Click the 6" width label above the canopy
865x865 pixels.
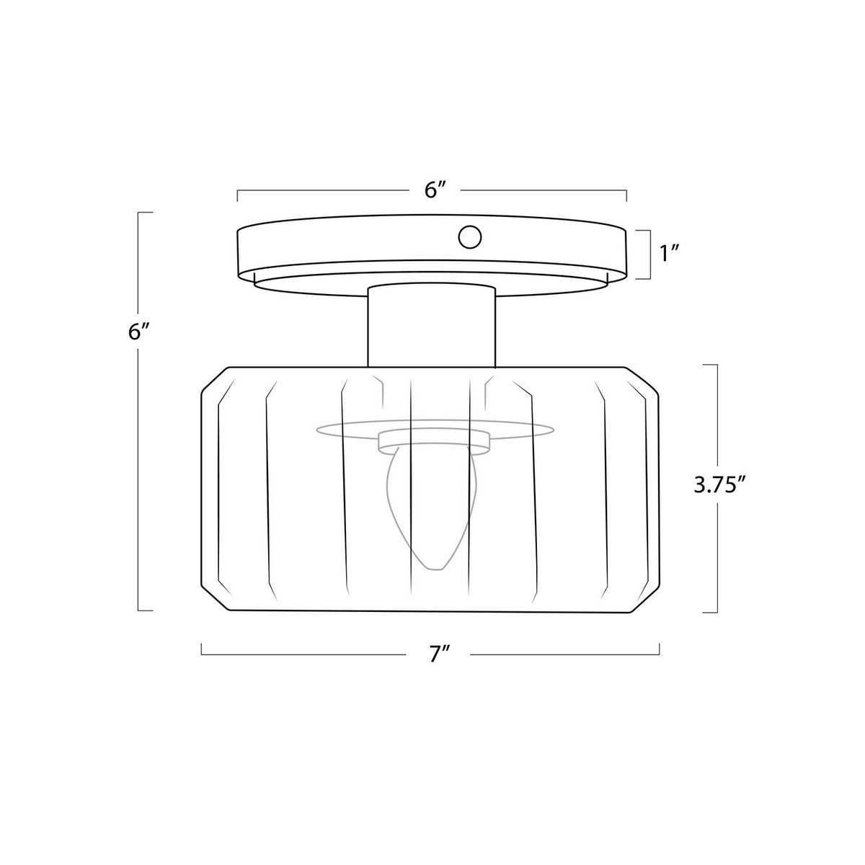point(435,190)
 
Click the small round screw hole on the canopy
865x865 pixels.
point(469,236)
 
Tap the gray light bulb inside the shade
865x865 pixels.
point(431,507)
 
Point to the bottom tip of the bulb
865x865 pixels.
point(435,569)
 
